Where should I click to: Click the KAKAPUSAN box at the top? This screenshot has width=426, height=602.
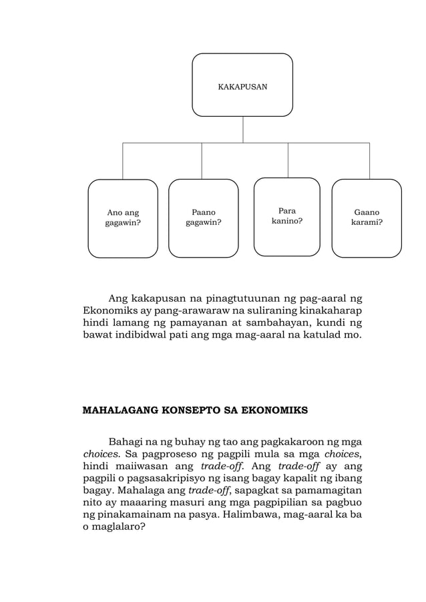tap(242, 85)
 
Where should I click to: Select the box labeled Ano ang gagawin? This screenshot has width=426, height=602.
tap(123, 218)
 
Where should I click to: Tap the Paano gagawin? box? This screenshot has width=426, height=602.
tap(203, 218)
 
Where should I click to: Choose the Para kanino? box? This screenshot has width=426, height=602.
tap(286, 217)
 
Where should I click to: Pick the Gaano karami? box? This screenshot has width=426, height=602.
tap(367, 218)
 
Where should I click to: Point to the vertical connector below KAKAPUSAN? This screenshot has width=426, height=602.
tap(242, 129)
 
